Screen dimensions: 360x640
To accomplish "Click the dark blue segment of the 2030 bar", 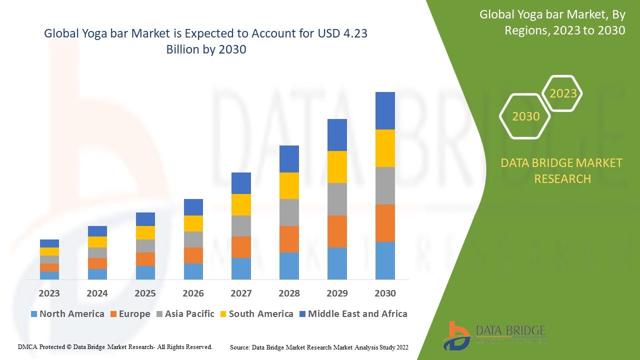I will pos(385,110).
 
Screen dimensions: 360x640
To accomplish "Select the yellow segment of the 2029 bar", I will pos(337,166).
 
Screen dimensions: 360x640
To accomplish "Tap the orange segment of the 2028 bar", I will pos(289,239).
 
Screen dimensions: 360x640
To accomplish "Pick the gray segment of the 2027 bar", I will pos(241,226).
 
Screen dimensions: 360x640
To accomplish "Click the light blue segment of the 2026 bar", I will pos(193,271).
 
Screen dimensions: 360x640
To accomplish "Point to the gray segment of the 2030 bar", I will pos(385,185).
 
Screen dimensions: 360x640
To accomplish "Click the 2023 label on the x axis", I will pos(49,293).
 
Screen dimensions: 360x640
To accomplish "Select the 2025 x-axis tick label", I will pos(145,293).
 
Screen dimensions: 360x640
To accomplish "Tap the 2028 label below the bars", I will pos(289,293).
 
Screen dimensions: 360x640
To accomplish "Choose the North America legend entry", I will pos(67,314).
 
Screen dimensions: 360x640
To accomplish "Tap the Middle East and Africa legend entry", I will pos(352,314).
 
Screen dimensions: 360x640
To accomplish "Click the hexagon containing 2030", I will pos(525,116).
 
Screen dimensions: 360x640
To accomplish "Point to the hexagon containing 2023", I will pos(562,93).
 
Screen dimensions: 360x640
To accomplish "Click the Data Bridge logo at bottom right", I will pos(494,335).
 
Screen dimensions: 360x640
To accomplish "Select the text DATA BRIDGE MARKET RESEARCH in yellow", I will pos(562,170).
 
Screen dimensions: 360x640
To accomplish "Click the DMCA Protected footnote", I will pos(115,346).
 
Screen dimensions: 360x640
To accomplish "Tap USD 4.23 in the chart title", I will pos(342,34).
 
